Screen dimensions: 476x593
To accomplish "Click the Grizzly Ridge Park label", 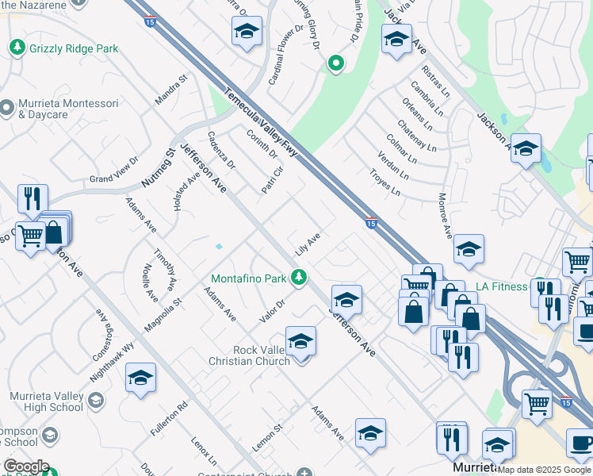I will point(74,48).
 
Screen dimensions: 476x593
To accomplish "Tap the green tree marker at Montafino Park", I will point(299,277).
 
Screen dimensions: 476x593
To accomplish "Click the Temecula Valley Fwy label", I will point(260,121).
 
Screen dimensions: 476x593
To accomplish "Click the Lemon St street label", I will point(267,439).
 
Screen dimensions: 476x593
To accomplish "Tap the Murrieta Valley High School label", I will point(47,401).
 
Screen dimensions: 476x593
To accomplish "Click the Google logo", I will point(26,466).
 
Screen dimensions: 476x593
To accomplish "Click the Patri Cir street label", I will point(273,180).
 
